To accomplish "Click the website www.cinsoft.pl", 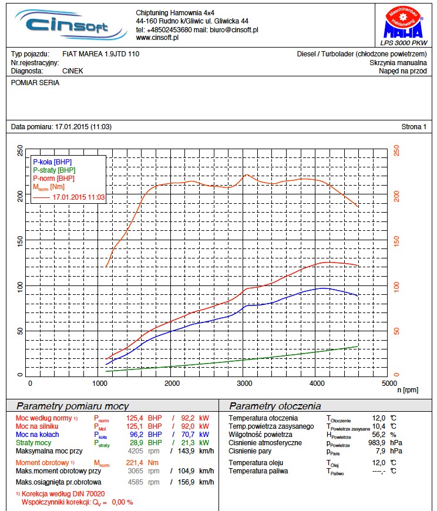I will click(x=157, y=38).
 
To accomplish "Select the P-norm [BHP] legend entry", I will click(x=53, y=178).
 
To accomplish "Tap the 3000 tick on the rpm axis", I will click(x=244, y=383).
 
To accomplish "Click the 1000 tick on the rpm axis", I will click(x=101, y=383).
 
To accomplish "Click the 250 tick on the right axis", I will click(x=397, y=150).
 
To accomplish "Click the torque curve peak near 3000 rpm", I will click(x=247, y=174).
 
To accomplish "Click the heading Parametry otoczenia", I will click(x=275, y=406).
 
